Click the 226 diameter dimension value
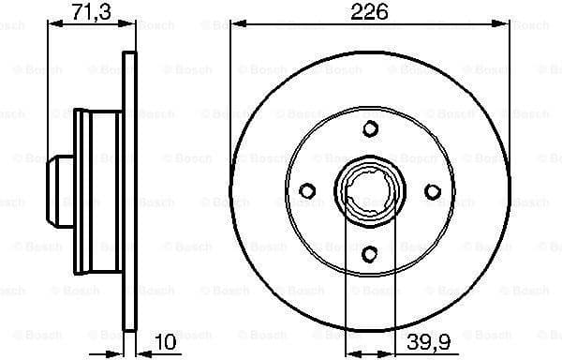click(x=369, y=12)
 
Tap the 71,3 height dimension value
click(x=89, y=12)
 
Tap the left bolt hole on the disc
click(x=306, y=190)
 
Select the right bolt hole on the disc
click(x=432, y=190)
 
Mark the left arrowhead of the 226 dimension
click(x=237, y=26)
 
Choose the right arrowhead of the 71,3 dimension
click(x=129, y=26)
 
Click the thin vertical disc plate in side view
click(x=129, y=190)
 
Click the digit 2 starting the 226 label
click(x=355, y=12)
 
